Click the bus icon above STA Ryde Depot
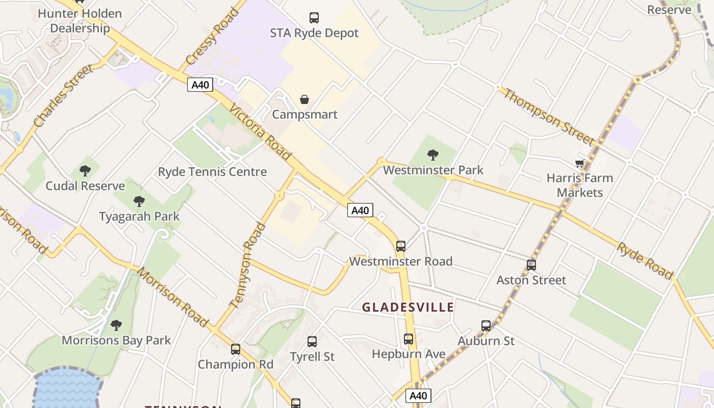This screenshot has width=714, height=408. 314,18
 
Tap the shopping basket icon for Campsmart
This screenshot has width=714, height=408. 304,99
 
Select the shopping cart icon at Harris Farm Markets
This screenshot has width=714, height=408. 579,163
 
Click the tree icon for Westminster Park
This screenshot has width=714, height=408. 433,155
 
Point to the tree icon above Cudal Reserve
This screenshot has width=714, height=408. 85,171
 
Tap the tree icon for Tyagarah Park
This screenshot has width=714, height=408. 139,201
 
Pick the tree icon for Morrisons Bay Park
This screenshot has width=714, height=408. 116,325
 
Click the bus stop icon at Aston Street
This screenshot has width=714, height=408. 531,265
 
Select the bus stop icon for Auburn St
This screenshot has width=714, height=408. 486,325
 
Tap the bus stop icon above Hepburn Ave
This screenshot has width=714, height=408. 409,339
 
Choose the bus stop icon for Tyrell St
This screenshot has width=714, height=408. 312,341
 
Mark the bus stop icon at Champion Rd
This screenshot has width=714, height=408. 236,349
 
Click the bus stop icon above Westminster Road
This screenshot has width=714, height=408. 401,246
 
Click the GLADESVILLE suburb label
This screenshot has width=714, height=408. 408,307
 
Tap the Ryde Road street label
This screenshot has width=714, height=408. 645,261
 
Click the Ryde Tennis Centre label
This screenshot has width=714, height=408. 213,172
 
